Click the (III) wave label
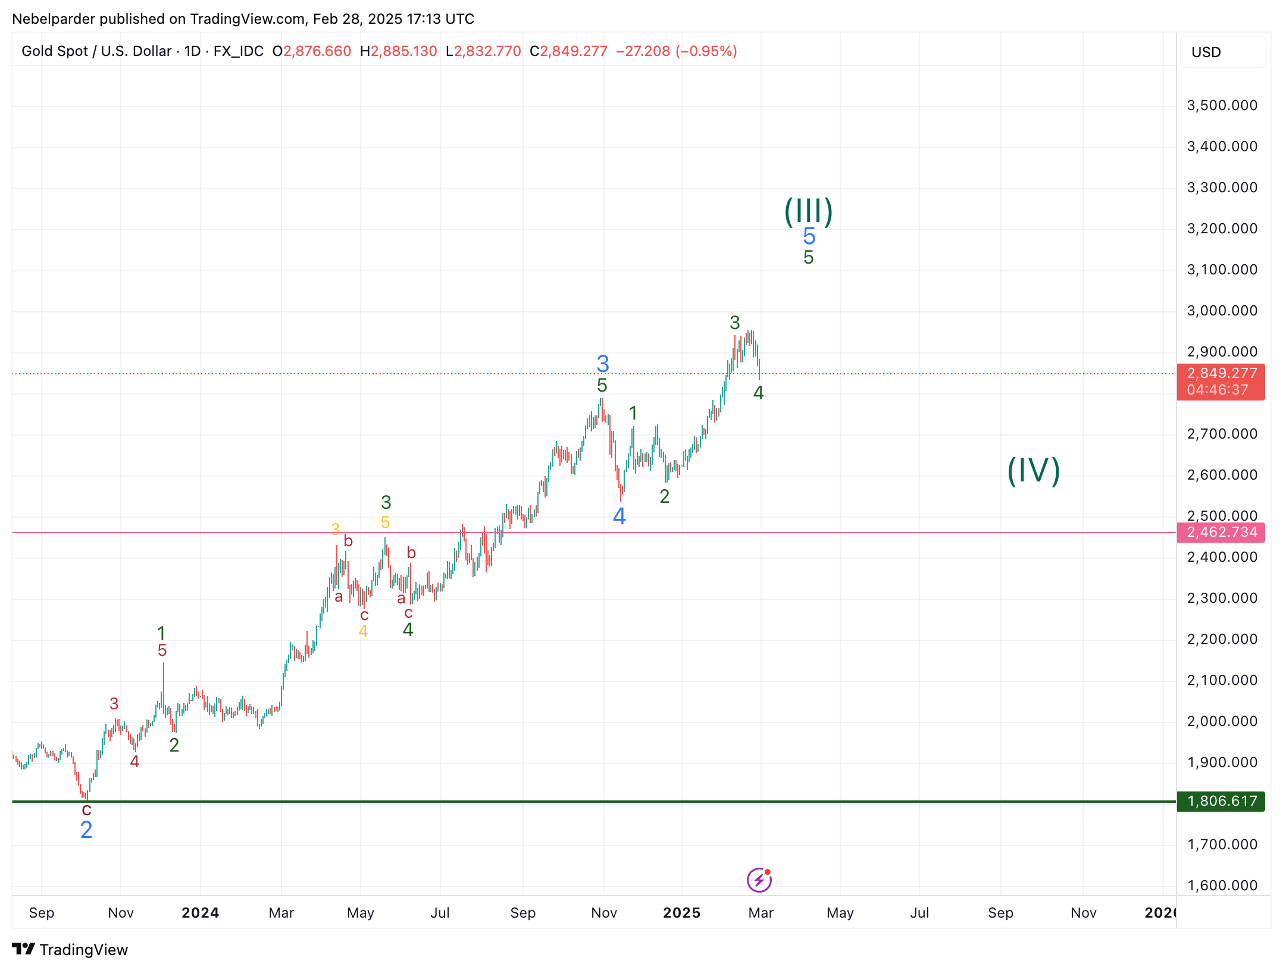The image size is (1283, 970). (808, 211)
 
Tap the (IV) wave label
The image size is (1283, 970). (1034, 471)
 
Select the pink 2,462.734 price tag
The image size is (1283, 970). (1221, 532)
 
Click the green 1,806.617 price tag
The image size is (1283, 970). (1221, 801)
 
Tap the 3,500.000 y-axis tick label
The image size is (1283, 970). (1222, 105)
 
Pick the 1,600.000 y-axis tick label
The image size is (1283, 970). (1222, 885)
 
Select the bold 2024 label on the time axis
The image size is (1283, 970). (201, 913)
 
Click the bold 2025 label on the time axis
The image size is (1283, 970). (682, 913)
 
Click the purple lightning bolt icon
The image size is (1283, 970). (759, 880)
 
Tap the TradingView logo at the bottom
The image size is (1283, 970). (70, 950)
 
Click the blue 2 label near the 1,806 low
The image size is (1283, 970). (86, 830)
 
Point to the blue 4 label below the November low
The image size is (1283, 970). (619, 516)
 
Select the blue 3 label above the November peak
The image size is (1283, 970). (603, 363)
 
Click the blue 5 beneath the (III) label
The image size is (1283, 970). (809, 236)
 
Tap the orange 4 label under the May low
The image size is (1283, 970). (363, 631)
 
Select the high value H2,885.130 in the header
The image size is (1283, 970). (399, 51)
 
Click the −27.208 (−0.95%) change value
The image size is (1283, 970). (677, 51)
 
